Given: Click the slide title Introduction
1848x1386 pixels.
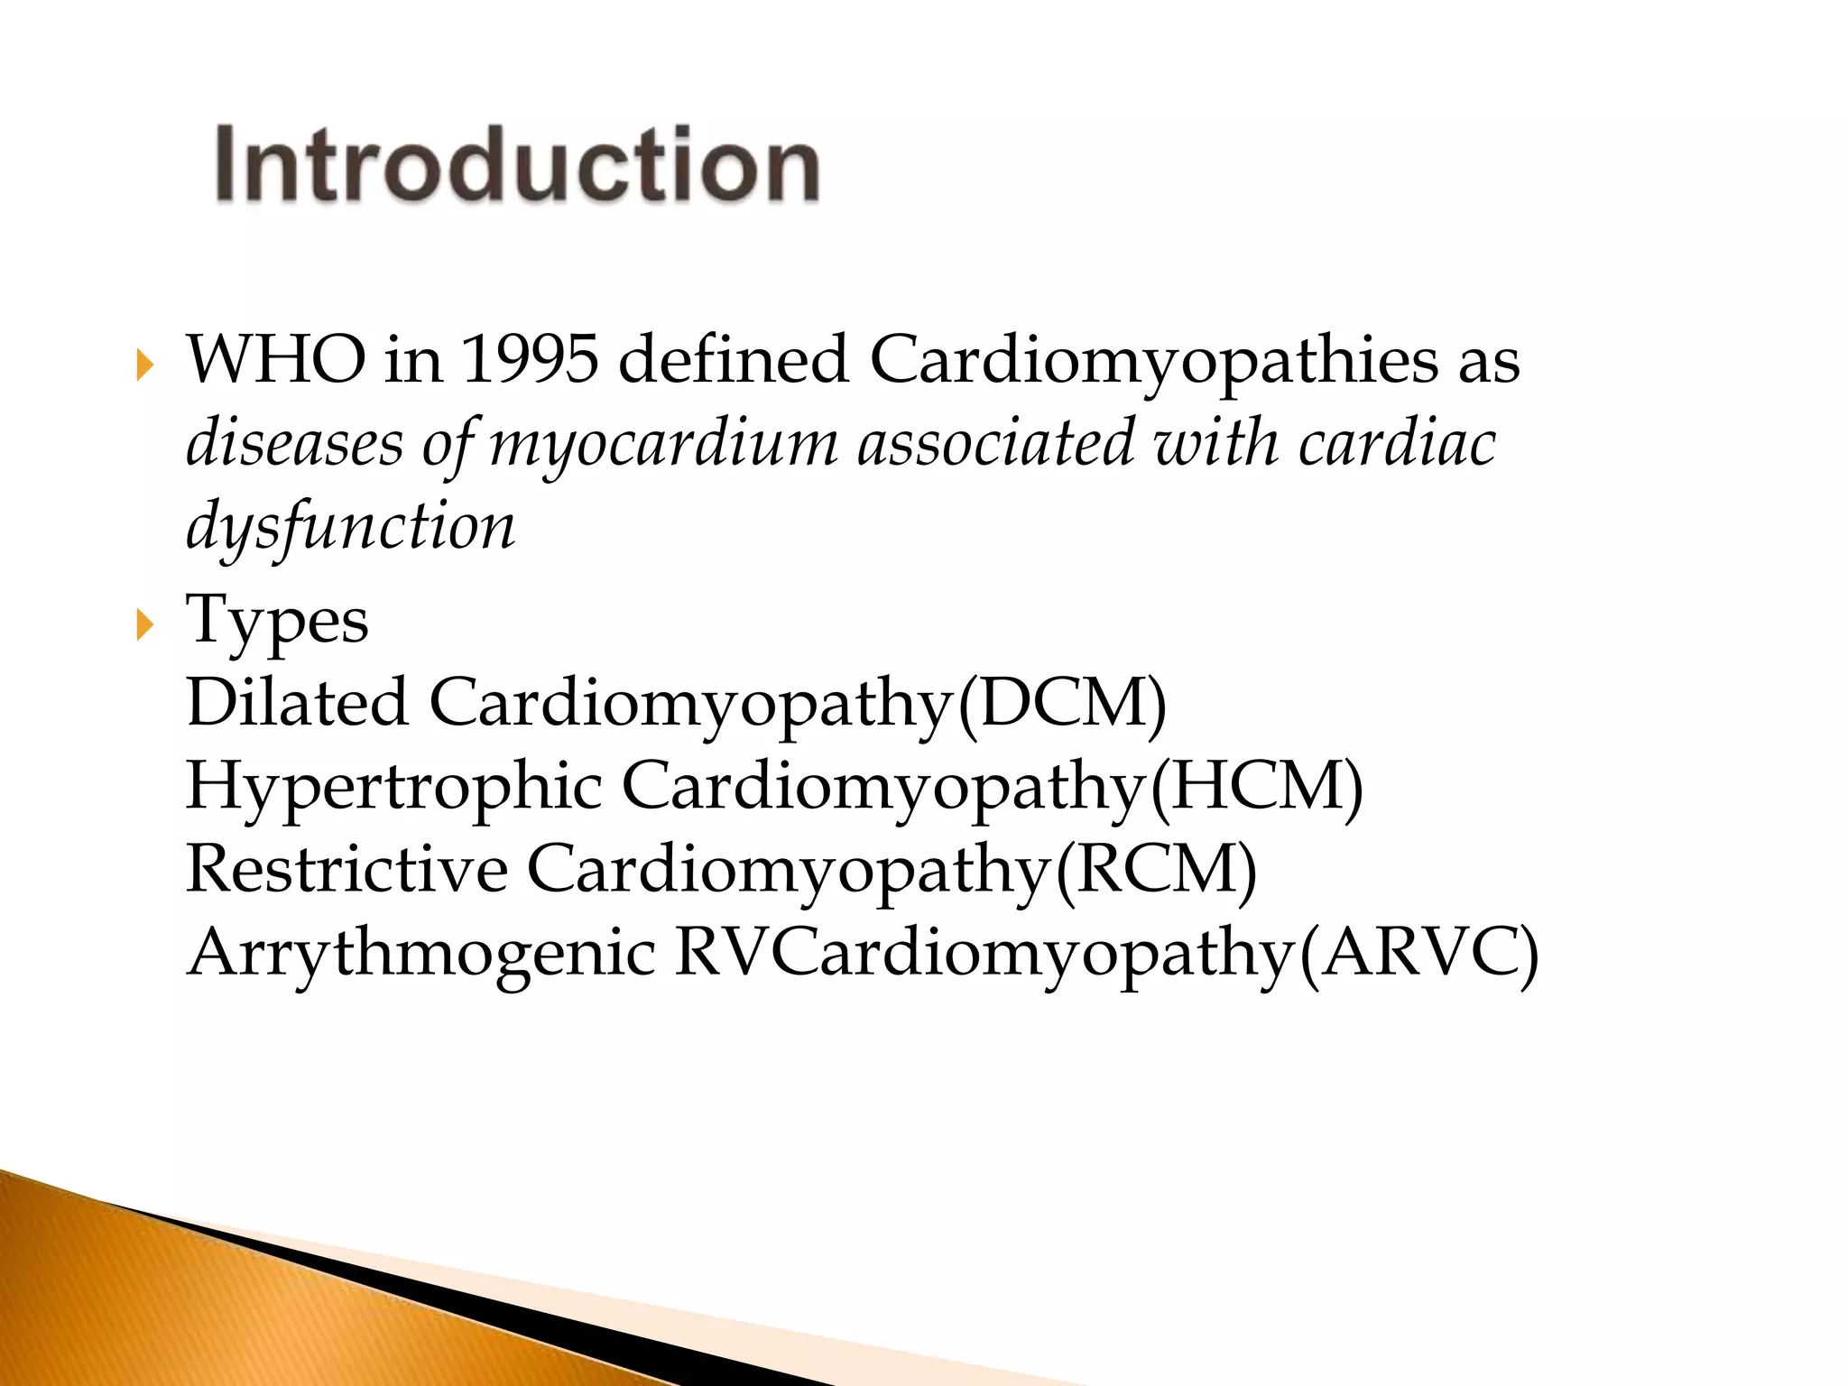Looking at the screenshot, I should pos(517,165).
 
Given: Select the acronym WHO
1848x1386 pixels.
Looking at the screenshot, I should pos(276,360).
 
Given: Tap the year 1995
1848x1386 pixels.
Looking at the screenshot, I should pos(530,360).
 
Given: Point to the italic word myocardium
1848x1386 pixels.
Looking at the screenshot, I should pos(663,445).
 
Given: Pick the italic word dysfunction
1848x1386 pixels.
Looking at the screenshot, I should pos(350,527).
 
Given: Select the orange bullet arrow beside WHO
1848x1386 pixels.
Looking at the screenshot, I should pos(144,365).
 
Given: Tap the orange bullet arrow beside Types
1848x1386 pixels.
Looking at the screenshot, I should pos(144,624).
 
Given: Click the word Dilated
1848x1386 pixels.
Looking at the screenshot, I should pos(297,702).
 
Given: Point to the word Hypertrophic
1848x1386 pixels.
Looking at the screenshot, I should pos(393,786).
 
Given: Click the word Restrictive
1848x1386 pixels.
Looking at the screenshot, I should pos(346,869).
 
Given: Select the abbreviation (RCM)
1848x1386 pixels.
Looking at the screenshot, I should pos(1156,870).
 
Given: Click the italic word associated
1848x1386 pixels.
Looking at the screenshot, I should pos(994,443).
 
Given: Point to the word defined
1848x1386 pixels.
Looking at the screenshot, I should pos(734,360).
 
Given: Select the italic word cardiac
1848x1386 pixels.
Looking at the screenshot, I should pos(1397,443).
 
